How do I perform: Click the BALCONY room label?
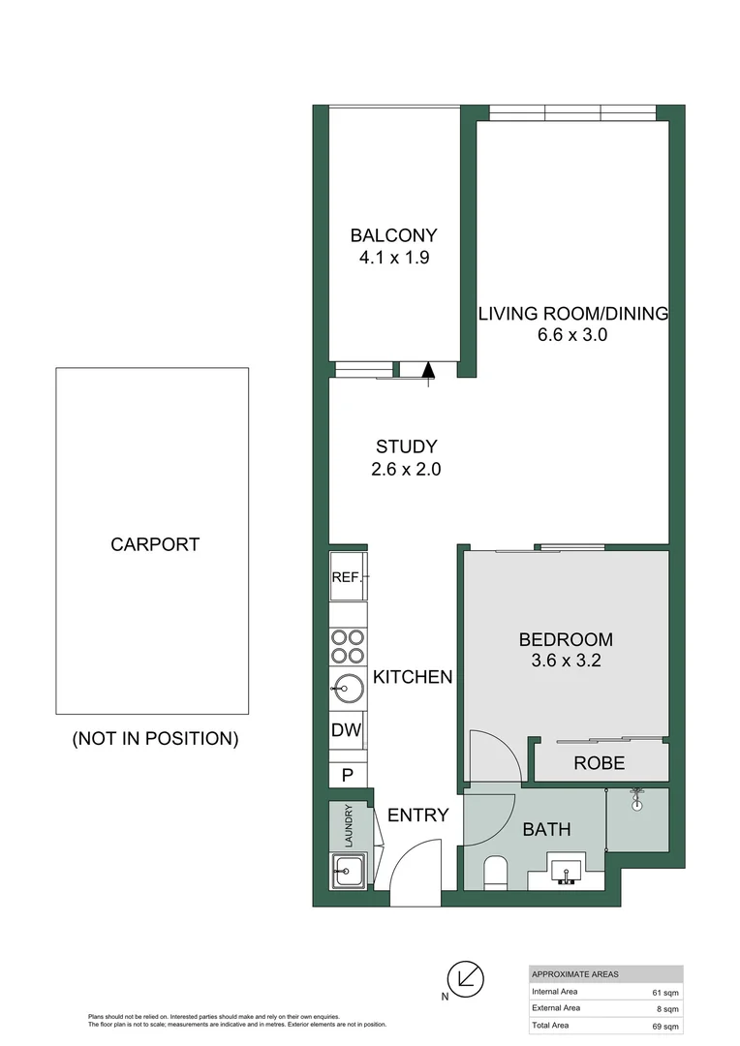point(393,235)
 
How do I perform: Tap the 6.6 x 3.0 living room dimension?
point(572,335)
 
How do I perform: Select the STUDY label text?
point(406,446)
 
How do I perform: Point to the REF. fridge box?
point(348,577)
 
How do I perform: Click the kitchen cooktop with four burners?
point(348,646)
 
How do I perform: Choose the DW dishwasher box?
point(348,731)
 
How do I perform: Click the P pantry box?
point(348,775)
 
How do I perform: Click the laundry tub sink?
point(347,871)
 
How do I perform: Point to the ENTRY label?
point(417,815)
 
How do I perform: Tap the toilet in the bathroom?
point(494,872)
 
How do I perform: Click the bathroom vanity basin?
point(566,872)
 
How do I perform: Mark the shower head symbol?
point(637,801)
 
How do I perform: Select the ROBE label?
point(600,763)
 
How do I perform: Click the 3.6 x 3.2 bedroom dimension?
point(566,662)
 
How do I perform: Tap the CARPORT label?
point(155,544)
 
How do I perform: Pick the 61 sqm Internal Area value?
point(666,992)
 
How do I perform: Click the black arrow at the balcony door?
point(429,369)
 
